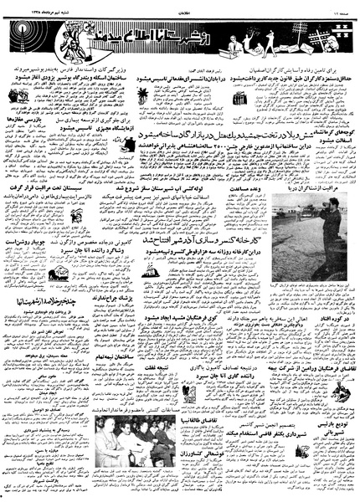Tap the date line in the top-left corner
[x=29, y=8]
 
